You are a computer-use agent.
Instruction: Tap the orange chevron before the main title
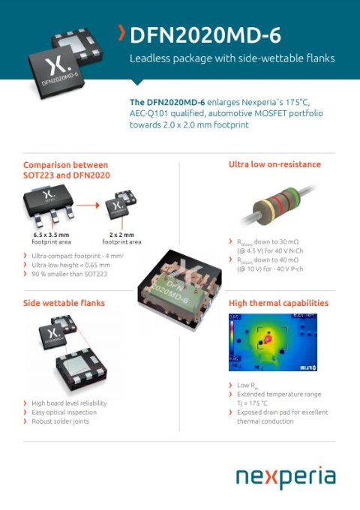tap(122, 33)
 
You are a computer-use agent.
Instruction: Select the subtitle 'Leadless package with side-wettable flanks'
tap(232, 58)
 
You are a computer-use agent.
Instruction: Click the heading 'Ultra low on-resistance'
tap(274, 164)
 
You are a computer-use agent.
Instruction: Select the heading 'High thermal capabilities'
tap(278, 303)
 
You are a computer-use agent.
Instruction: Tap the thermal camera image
tap(272, 342)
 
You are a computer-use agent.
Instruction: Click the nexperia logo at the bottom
tap(285, 477)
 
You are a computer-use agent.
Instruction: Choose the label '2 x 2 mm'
tap(121, 235)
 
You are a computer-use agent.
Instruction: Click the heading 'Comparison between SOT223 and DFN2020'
tap(66, 169)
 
